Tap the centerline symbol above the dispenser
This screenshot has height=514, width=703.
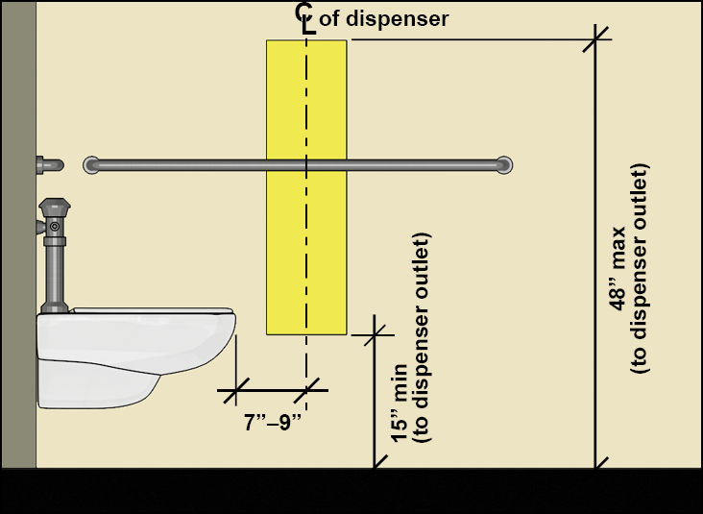pos(305,17)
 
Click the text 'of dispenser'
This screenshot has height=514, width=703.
pos(383,18)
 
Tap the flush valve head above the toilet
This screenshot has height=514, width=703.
pos(56,209)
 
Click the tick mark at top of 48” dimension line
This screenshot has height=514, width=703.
pos(596,39)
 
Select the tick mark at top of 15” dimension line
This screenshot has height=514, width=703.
pos(375,333)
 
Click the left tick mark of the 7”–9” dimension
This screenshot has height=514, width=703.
pos(234,390)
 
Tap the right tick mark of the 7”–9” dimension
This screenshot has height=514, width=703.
pos(306,390)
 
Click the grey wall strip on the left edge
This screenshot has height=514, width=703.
pos(18,240)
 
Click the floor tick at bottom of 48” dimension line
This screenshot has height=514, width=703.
pos(596,468)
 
